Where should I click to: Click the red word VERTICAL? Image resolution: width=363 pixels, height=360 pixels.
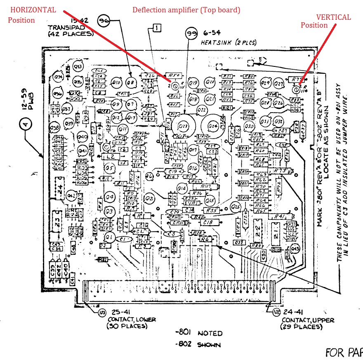(x=333, y=17)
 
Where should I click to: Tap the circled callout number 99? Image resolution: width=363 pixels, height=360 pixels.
(x=192, y=33)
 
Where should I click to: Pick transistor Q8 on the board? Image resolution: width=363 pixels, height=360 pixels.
(x=131, y=83)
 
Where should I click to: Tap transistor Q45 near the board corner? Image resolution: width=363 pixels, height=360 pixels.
(x=295, y=249)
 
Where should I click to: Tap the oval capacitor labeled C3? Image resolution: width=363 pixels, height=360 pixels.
(x=170, y=234)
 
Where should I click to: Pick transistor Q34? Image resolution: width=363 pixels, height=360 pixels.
(x=58, y=77)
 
